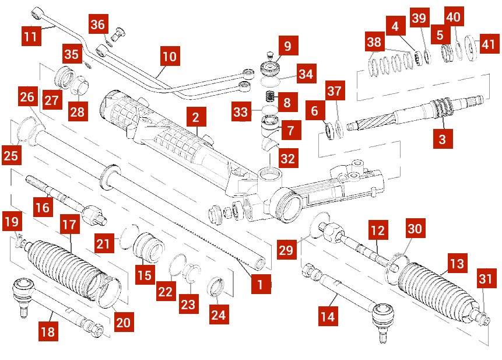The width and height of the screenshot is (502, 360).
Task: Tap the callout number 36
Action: [x=98, y=25]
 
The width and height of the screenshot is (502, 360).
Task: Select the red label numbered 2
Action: [x=196, y=117]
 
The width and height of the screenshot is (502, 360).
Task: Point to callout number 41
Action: [x=489, y=43]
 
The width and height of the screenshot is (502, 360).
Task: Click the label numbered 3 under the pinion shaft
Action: [x=443, y=139]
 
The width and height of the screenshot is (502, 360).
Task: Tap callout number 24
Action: [x=218, y=314]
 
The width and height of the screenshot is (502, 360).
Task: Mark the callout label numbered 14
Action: [x=328, y=317]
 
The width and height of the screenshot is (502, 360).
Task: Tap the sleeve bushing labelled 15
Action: [x=147, y=247]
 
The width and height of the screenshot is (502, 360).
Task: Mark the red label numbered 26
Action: [x=27, y=96]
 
